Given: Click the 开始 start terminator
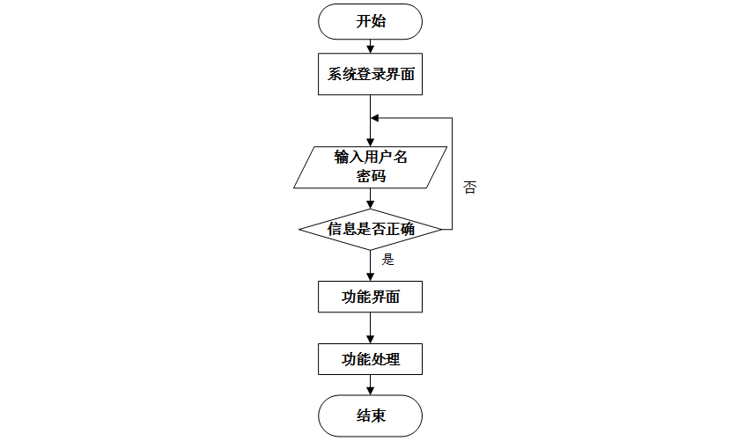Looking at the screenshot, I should [370, 22].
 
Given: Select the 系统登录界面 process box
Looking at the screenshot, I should [370, 75].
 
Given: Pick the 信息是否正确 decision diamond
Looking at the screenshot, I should [370, 230].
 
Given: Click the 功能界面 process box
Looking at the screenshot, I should [370, 297].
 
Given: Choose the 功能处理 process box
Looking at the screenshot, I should [370, 359].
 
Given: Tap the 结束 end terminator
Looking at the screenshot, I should [370, 415].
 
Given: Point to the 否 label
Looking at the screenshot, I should [469, 187].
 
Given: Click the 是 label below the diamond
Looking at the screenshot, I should [387, 260].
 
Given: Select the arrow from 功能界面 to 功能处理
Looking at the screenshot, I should [370, 327].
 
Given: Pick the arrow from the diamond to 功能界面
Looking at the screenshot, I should [370, 266].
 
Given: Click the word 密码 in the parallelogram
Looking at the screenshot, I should [370, 176].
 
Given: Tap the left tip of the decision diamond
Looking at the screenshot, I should [300, 230].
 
